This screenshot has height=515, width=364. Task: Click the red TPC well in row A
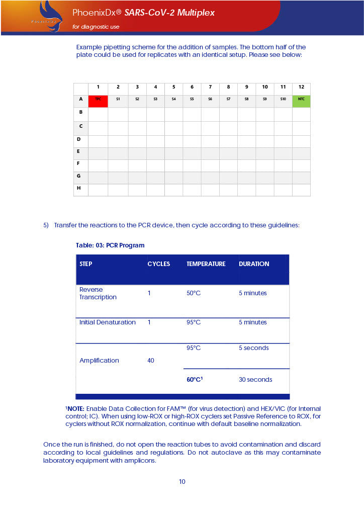click(98, 100)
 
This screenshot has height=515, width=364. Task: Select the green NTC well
click(301, 100)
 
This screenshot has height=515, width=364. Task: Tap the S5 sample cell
click(192, 100)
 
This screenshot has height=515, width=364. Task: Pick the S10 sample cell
click(283, 100)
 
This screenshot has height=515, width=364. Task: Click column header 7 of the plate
click(210, 87)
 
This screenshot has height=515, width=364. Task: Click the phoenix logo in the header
click(48, 16)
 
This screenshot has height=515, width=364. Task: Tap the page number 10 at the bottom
click(182, 482)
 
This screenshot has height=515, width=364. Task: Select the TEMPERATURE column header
click(206, 264)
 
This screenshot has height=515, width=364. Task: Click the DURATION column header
click(254, 264)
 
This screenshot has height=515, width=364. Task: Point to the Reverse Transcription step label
click(98, 293)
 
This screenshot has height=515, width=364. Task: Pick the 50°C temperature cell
click(194, 293)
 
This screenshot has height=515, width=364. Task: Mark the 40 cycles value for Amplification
click(151, 361)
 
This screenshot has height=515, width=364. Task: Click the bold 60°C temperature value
click(194, 380)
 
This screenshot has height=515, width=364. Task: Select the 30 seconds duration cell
click(255, 380)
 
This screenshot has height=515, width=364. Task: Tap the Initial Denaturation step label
click(108, 322)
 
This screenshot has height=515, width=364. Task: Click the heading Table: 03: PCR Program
click(110, 245)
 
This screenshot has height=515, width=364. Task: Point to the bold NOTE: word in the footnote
click(76, 409)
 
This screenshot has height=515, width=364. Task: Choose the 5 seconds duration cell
click(254, 348)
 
